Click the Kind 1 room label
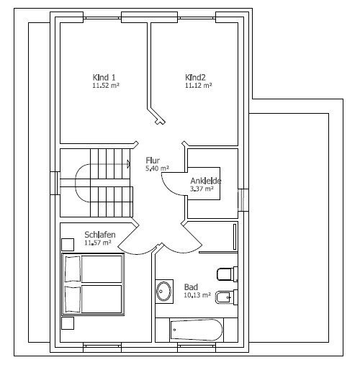click(x=104, y=78)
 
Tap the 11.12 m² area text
click(x=199, y=86)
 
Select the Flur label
click(x=153, y=161)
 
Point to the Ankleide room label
click(x=206, y=181)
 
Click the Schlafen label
click(x=100, y=235)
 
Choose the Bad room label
click(x=191, y=287)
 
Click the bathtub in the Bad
click(x=197, y=330)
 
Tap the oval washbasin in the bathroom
click(x=164, y=292)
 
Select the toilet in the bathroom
click(x=227, y=274)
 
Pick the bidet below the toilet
click(x=227, y=297)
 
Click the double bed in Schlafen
click(x=93, y=284)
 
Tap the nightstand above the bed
click(x=68, y=245)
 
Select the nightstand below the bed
click(x=68, y=323)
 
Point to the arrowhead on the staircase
click(x=128, y=164)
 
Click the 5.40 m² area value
click(x=157, y=168)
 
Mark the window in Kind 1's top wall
click(x=102, y=18)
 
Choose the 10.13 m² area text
click(x=197, y=295)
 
